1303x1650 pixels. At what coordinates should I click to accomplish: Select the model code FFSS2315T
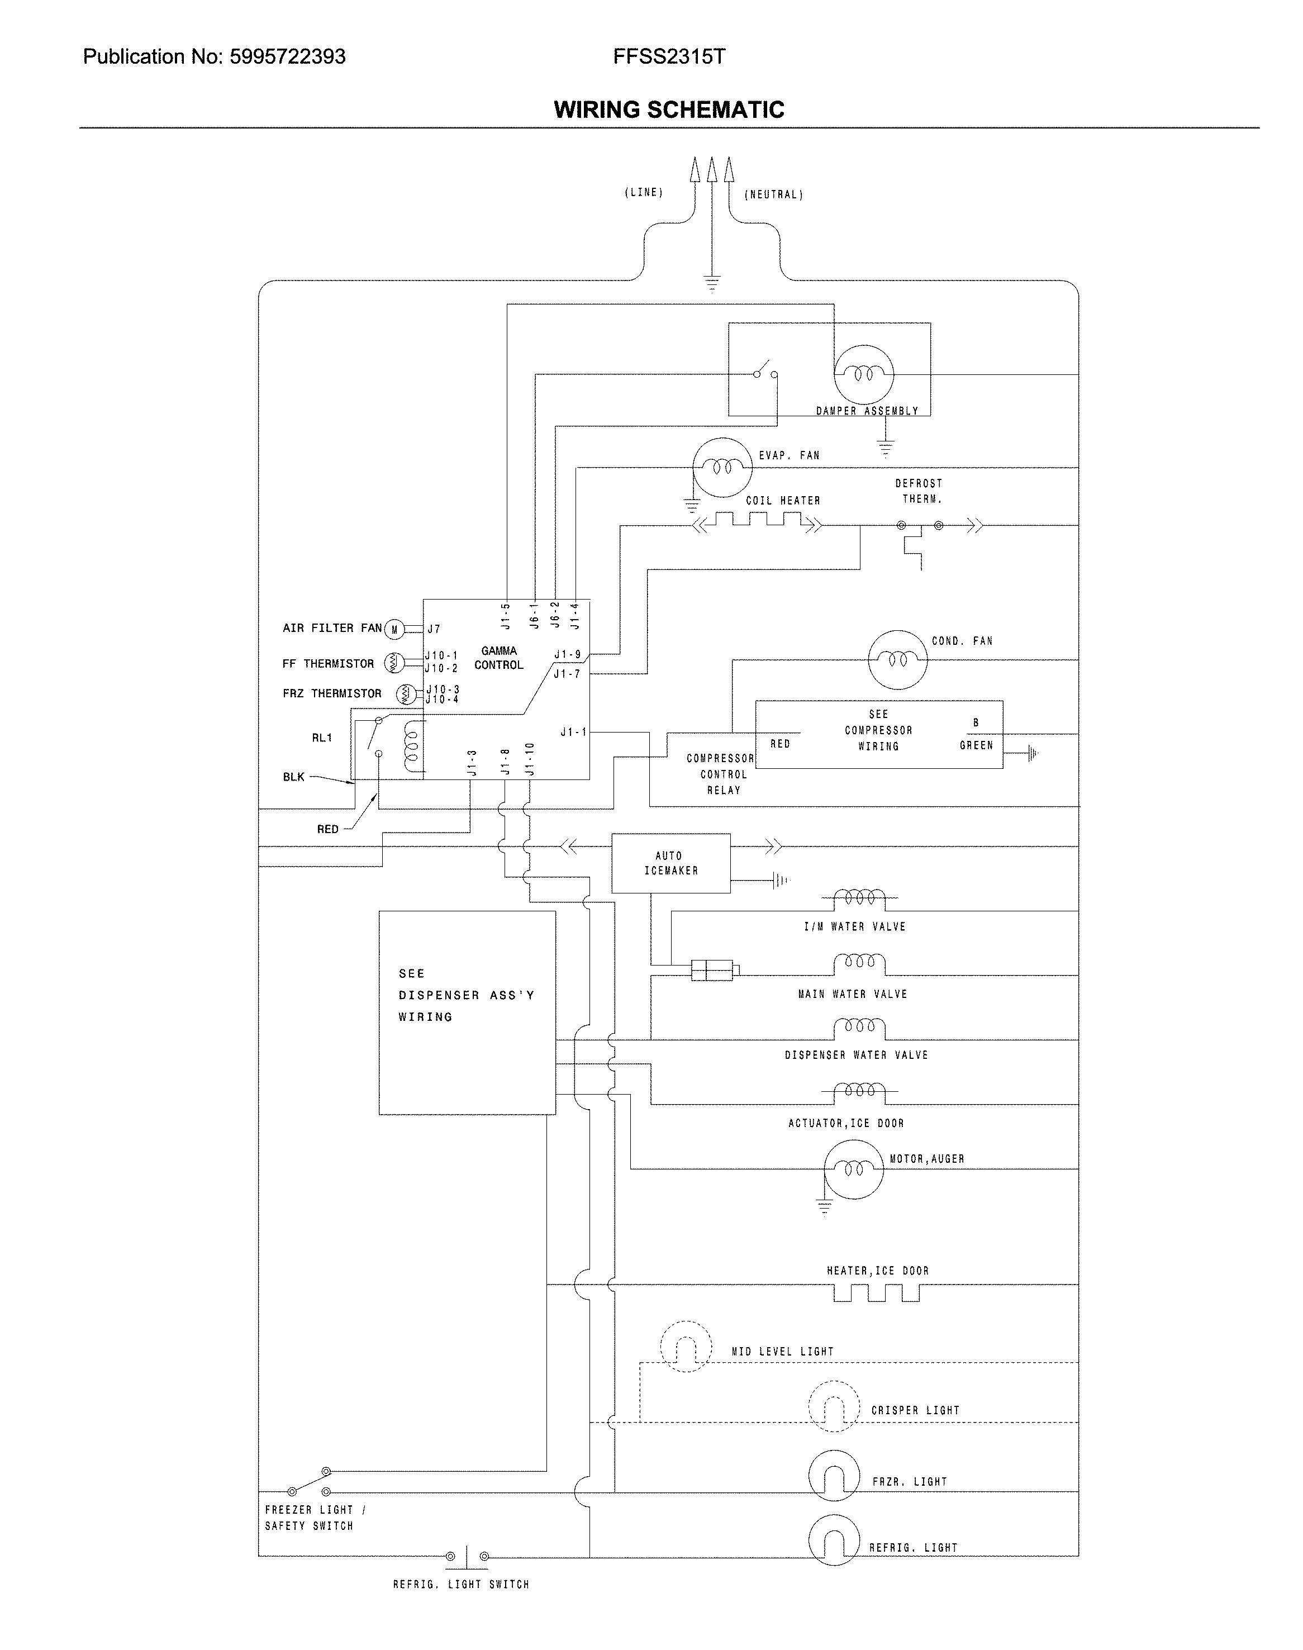click(x=669, y=57)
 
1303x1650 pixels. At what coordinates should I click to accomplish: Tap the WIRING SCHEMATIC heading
click(x=669, y=110)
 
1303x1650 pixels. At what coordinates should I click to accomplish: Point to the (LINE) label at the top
click(x=644, y=193)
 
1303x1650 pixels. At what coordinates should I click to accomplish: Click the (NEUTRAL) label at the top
click(x=773, y=195)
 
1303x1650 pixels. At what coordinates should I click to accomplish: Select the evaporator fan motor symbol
click(x=722, y=467)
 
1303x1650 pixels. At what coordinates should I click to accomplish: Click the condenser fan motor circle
click(x=897, y=659)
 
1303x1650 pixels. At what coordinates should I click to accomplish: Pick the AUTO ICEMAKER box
click(x=670, y=863)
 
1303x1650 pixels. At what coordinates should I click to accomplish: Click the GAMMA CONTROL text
click(x=499, y=658)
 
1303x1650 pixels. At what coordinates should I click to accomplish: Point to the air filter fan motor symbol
click(x=394, y=629)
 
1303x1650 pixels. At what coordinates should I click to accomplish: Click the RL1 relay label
click(x=322, y=738)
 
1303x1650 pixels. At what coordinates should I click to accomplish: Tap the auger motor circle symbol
click(x=854, y=1169)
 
